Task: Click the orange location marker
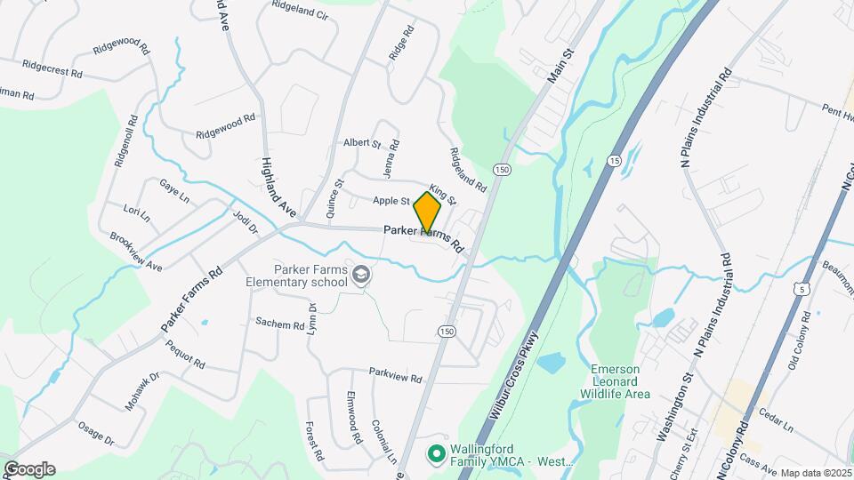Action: click(427, 213)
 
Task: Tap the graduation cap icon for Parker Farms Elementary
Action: click(360, 276)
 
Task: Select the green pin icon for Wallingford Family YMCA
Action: click(436, 454)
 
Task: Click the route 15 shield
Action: click(614, 160)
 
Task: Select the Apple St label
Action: click(391, 201)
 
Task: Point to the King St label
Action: click(442, 192)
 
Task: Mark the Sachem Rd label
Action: click(279, 324)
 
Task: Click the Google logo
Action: click(29, 469)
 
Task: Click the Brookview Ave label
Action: click(136, 252)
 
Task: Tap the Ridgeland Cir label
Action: click(300, 16)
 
